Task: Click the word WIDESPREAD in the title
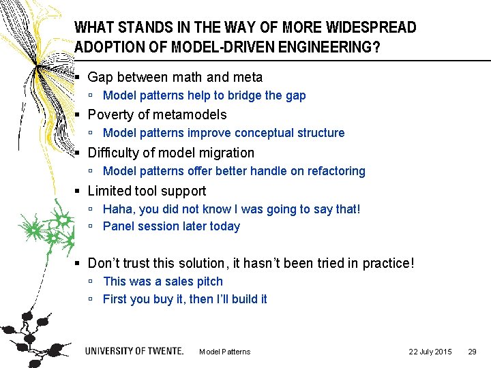[371, 28]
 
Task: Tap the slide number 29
[471, 352]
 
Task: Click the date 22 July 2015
[430, 352]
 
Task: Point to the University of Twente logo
[134, 351]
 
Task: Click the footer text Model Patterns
[224, 352]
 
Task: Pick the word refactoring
[335, 171]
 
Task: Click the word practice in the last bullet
[386, 263]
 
